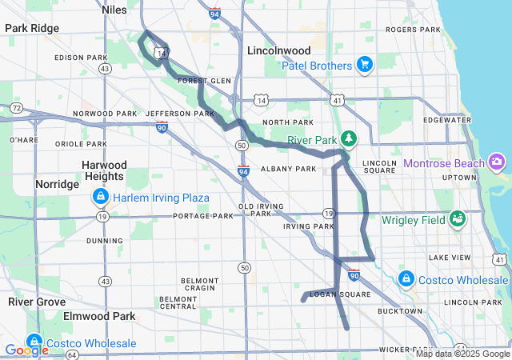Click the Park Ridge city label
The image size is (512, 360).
pyautogui.click(x=32, y=28)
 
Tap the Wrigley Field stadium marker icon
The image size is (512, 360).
pyautogui.click(x=458, y=218)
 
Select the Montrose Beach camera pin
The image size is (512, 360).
pyautogui.click(x=497, y=163)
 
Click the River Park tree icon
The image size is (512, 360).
pyautogui.click(x=349, y=139)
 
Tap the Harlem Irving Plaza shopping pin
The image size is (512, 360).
pyautogui.click(x=99, y=196)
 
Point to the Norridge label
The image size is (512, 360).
pyautogui.click(x=57, y=184)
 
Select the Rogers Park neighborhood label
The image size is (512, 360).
pyautogui.click(x=412, y=30)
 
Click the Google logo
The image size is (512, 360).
pyautogui.click(x=26, y=350)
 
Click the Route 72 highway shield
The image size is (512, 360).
pyautogui.click(x=17, y=107)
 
